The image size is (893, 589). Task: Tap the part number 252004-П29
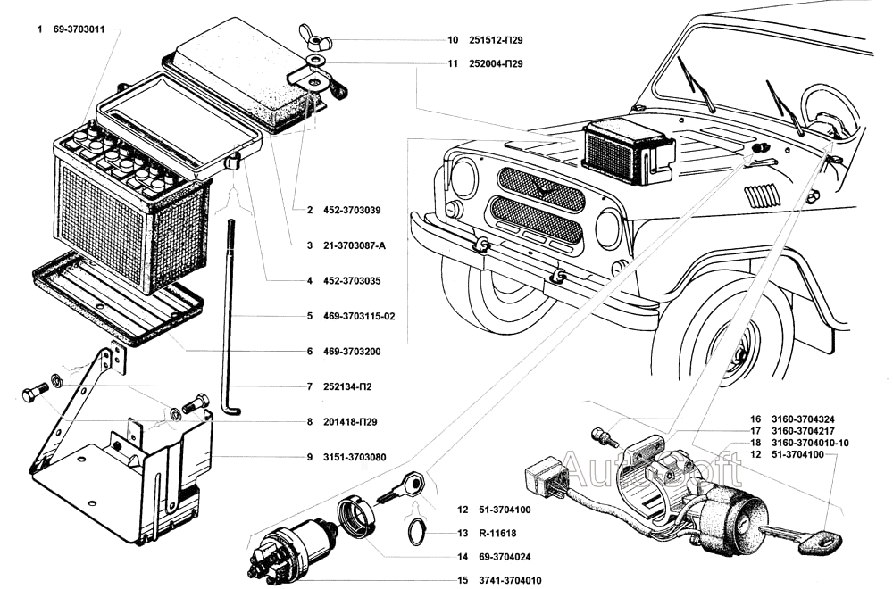pyautogui.click(x=496, y=64)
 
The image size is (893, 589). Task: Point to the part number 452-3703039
pyautogui.click(x=355, y=211)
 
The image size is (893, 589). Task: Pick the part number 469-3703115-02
pyautogui.click(x=363, y=316)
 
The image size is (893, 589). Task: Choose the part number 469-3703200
pyautogui.click(x=355, y=352)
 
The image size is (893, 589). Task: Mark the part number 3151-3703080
pyautogui.click(x=355, y=457)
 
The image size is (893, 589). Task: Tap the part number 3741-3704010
pyautogui.click(x=498, y=580)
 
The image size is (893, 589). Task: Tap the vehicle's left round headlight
pyautogui.click(x=463, y=178)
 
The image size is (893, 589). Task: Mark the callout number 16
pyautogui.click(x=755, y=419)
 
